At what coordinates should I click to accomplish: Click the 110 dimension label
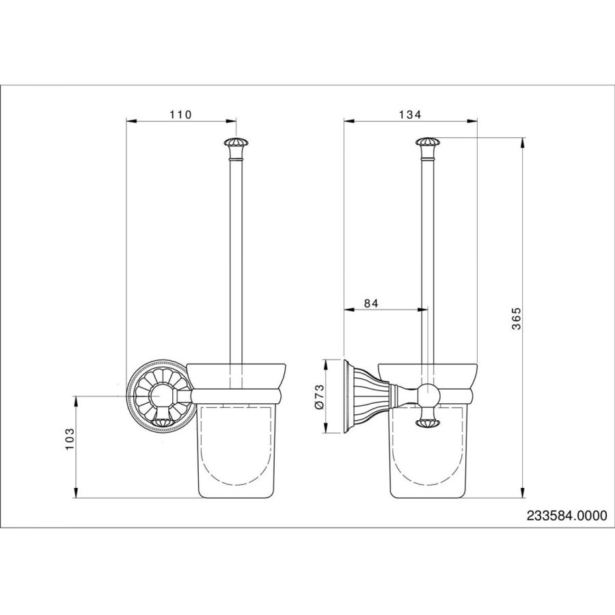pyautogui.click(x=180, y=115)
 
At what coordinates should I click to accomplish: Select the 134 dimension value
pyautogui.click(x=410, y=115)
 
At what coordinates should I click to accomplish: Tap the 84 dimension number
pyautogui.click(x=370, y=303)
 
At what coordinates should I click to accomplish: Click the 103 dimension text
pyautogui.click(x=70, y=439)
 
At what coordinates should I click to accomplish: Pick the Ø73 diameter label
pyautogui.click(x=319, y=397)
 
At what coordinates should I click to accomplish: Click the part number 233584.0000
pyautogui.click(x=566, y=515)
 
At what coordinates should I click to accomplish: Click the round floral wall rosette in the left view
pyautogui.click(x=160, y=396)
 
